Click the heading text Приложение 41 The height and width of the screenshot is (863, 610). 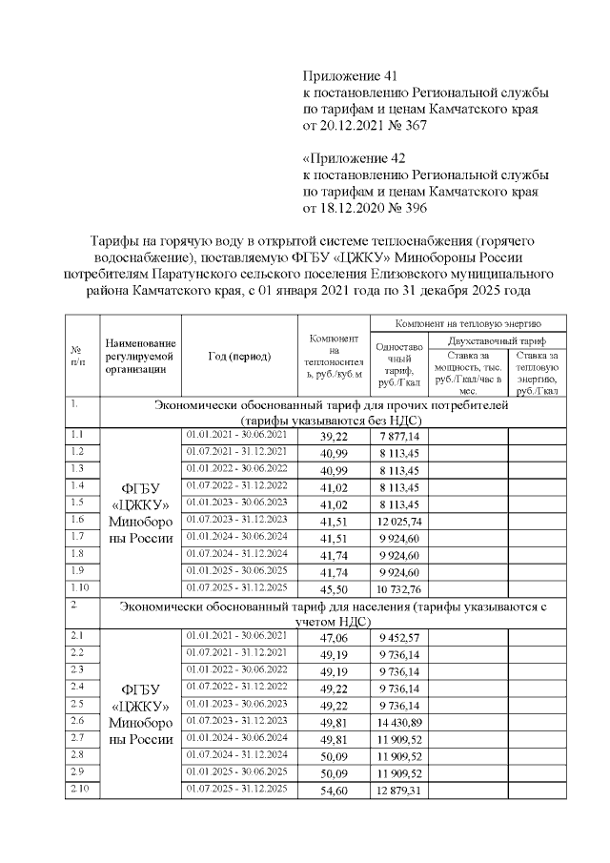click(348, 75)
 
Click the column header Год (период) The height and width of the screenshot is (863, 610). click(239, 356)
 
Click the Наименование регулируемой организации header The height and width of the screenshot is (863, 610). click(141, 356)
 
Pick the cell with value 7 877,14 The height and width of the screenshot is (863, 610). click(398, 436)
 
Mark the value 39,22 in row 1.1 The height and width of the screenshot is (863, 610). click(334, 436)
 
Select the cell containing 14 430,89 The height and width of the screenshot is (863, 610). click(398, 722)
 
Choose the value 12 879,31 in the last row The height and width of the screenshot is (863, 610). click(398, 791)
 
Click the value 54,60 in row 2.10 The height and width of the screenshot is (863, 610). click(334, 791)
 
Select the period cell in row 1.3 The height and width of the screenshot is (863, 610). click(238, 468)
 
